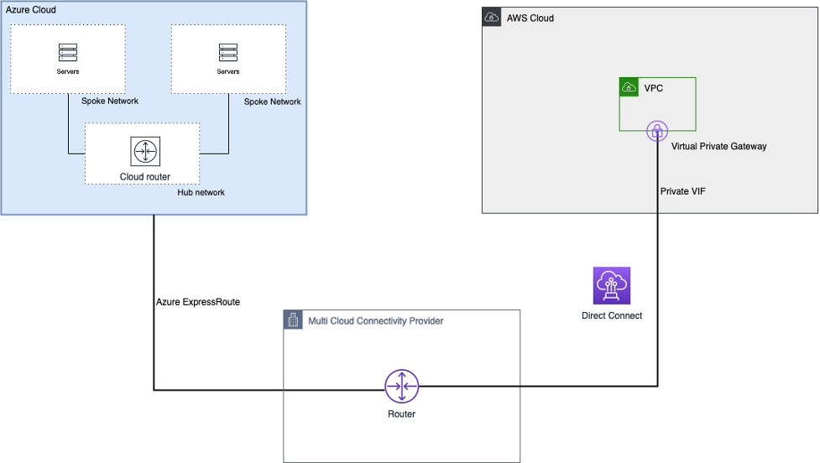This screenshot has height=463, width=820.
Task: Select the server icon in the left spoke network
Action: click(67, 53)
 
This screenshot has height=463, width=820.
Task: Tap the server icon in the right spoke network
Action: click(227, 53)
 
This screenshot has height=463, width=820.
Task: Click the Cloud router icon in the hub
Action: click(145, 152)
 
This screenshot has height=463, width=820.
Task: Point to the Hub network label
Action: click(201, 192)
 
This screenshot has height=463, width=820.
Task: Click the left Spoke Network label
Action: click(110, 101)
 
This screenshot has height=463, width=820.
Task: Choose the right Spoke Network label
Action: click(272, 101)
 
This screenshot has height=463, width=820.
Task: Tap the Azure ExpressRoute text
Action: click(198, 302)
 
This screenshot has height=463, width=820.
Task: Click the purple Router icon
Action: click(401, 386)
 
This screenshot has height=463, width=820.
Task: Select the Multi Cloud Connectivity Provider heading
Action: click(375, 321)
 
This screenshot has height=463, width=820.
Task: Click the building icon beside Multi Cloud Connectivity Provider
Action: click(293, 320)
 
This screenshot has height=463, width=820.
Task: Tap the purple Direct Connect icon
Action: click(611, 286)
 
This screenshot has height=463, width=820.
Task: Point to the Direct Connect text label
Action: click(611, 316)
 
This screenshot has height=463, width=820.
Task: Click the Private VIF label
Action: click(682, 191)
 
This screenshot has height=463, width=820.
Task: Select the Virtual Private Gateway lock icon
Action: click(657, 131)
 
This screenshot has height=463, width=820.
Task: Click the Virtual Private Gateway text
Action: click(718, 146)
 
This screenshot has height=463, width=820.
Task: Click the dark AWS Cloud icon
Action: click(492, 18)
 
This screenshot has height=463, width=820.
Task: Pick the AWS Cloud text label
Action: click(530, 18)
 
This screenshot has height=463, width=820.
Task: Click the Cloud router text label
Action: click(145, 177)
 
